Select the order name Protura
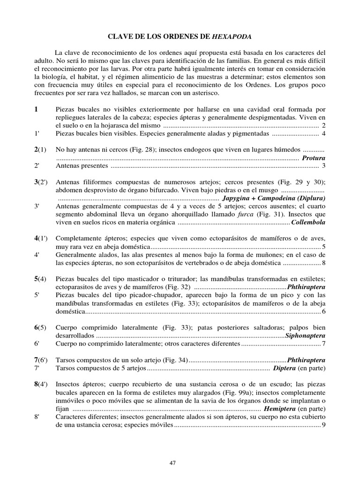point(314,158)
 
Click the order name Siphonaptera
point(305,336)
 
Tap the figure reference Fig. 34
point(173,360)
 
